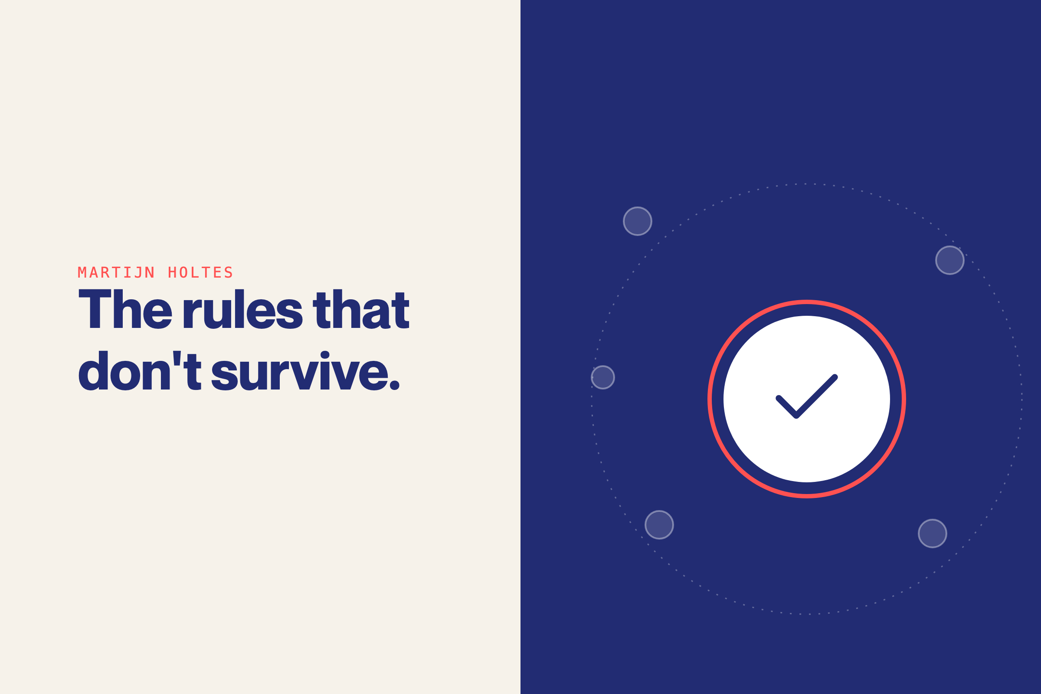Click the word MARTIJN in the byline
pyautogui.click(x=116, y=273)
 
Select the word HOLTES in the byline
pyautogui.click(x=200, y=273)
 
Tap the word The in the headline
pyautogui.click(x=125, y=309)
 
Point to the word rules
pyautogui.click(x=243, y=309)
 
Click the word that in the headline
pyautogui.click(x=361, y=309)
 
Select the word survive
pyautogui.click(x=300, y=370)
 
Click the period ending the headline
pyautogui.click(x=394, y=385)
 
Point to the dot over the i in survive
pyautogui.click(x=325, y=355)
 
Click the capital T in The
pyautogui.click(x=95, y=309)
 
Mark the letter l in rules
pyautogui.click(x=239, y=309)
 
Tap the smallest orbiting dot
pyautogui.click(x=603, y=377)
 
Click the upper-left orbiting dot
pyautogui.click(x=637, y=221)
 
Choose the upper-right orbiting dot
pyautogui.click(x=950, y=260)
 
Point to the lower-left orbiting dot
pyautogui.click(x=659, y=525)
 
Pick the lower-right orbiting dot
pyautogui.click(x=933, y=534)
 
